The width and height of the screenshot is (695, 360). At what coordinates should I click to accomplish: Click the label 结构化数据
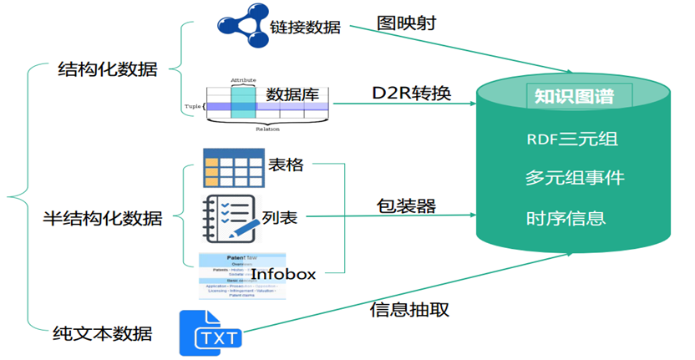106,69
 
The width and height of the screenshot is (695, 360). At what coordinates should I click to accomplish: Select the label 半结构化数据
103,219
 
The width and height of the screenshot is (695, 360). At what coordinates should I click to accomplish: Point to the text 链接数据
305,27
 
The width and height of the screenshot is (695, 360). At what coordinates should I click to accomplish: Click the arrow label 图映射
405,22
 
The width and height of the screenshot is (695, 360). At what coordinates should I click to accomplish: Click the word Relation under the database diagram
267,129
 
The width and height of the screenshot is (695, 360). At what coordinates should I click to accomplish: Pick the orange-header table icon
234,167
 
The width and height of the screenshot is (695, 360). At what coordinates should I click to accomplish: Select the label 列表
280,219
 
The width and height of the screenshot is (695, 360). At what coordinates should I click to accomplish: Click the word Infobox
283,273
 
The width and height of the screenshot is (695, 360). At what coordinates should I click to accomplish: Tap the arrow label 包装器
406,205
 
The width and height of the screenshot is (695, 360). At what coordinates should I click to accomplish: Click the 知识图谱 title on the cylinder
574,97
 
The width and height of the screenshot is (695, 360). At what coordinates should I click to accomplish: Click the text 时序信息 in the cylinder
566,219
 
